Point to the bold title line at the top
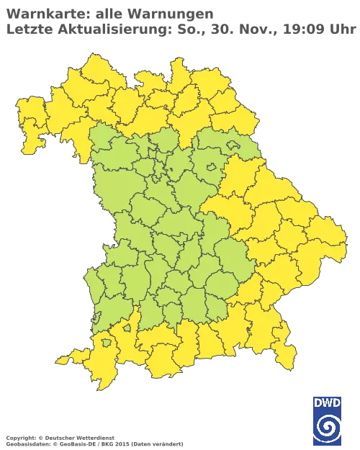pos(108,12)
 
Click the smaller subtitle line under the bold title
pos(180,30)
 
